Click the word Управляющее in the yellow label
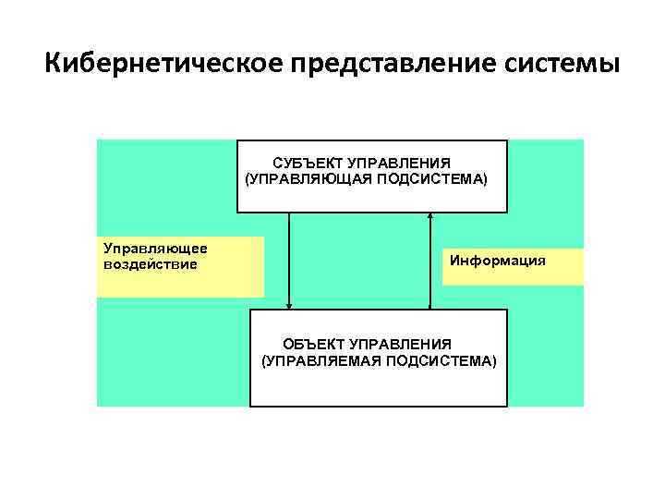155,249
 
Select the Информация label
497,261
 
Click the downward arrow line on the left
289,259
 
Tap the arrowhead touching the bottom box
289,305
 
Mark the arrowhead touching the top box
430,217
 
